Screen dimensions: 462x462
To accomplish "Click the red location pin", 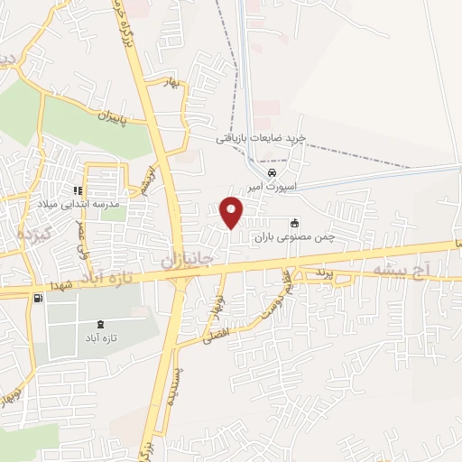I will tap(232, 211).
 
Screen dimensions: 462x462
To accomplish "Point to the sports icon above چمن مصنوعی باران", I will tap(293, 224).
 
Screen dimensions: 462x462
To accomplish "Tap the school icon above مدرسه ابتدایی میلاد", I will tap(79, 191).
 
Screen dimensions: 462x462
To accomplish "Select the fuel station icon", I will tap(36, 299).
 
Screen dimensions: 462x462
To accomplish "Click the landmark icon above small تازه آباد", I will tap(99, 325).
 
